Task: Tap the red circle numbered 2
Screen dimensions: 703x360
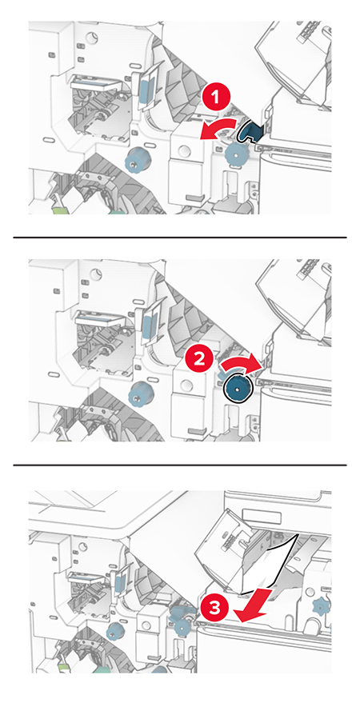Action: click(x=203, y=359)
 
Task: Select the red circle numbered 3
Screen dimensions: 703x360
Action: click(x=210, y=607)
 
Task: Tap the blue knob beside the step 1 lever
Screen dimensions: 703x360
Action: click(x=235, y=154)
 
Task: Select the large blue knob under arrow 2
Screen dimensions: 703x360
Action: click(x=238, y=389)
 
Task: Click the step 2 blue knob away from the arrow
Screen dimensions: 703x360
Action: click(x=142, y=393)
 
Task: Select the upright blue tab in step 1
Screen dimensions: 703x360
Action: click(x=146, y=87)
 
